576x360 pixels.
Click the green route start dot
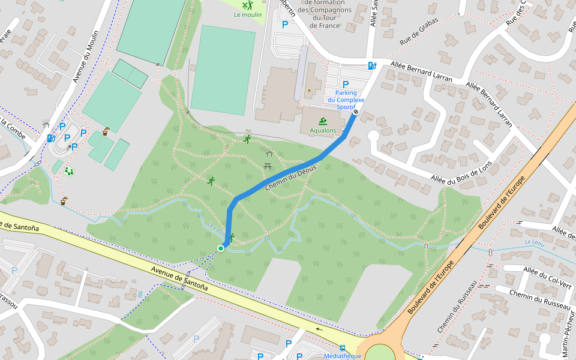coord(221,248)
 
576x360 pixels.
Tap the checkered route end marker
coord(356,112)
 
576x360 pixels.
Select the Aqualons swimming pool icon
coord(323,121)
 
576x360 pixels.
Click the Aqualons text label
coord(323,130)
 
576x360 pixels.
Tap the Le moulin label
coord(248,15)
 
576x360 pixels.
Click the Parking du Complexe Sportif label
coord(346,100)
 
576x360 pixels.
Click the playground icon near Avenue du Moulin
coord(70,171)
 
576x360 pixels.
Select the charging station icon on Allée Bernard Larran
coord(373,66)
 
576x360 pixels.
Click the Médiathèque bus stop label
coord(342,356)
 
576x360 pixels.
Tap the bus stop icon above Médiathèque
coord(342,347)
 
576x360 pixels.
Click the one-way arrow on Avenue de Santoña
coord(318,329)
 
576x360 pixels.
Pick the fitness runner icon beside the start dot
coord(231,238)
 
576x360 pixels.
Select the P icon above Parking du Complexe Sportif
coord(345,85)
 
